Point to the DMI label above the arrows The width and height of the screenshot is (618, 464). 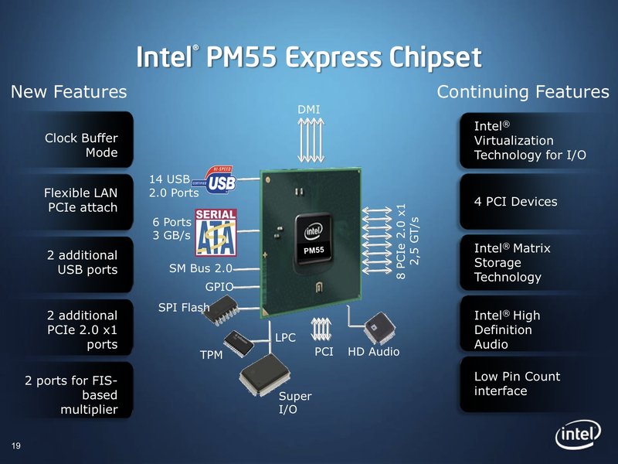pos(309,110)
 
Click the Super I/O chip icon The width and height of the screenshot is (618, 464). pos(260,380)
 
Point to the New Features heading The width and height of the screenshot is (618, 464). pos(69,93)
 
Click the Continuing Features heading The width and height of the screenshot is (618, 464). pos(523,93)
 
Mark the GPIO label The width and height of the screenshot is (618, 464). pos(219,286)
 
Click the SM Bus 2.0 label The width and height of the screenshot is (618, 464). pos(200,269)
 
